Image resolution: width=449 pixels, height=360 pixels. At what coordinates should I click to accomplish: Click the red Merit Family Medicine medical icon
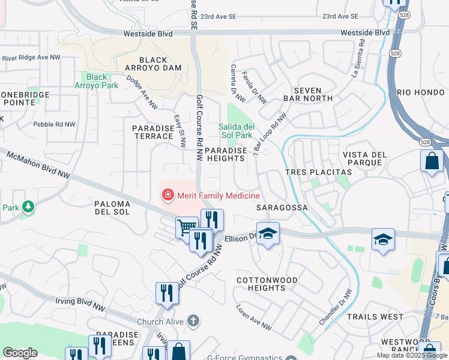[x=167, y=195]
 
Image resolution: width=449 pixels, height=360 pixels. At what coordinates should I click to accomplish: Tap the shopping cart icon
[x=186, y=227]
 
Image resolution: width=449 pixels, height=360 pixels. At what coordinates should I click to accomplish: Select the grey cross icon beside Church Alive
[x=193, y=322]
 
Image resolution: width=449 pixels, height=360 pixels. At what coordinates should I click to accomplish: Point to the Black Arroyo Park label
[x=97, y=80]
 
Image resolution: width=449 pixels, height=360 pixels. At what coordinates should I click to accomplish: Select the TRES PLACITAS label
[x=318, y=172]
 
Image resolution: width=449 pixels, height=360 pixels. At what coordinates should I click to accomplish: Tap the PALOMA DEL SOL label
[x=121, y=208]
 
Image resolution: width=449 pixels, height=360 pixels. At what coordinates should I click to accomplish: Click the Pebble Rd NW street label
[x=55, y=124]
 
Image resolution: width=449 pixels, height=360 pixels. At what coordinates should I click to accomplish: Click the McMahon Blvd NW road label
[x=38, y=165]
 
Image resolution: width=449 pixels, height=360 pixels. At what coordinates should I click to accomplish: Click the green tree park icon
[x=28, y=208]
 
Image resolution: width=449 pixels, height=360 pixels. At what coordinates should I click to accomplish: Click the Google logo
[x=20, y=352]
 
